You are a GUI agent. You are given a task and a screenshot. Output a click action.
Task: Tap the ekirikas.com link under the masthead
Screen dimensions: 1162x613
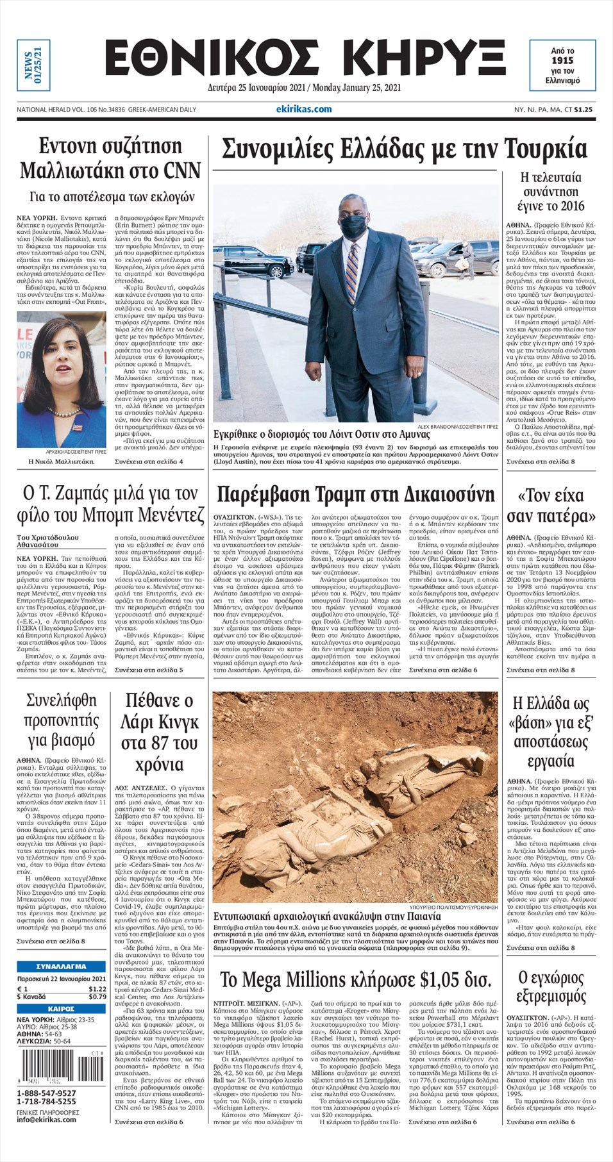coord(308,109)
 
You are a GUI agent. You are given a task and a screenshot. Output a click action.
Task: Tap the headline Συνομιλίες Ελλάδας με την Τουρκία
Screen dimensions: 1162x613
coord(404,149)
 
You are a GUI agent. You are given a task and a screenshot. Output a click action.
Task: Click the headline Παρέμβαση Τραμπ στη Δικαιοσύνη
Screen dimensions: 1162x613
coord(356,494)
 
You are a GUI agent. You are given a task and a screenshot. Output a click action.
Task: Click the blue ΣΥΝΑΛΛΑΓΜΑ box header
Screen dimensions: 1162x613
coord(62,966)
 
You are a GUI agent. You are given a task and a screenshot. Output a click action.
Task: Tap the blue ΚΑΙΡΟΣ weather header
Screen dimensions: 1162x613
coord(62,1008)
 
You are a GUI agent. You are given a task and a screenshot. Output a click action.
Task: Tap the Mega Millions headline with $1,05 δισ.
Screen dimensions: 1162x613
coord(356,980)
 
